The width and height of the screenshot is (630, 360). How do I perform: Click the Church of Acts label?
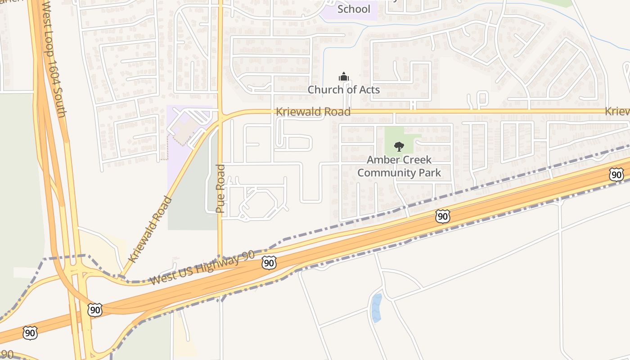click(344, 90)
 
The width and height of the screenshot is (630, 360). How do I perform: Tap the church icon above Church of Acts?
click(344, 76)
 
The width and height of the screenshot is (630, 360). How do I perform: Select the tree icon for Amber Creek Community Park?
click(399, 146)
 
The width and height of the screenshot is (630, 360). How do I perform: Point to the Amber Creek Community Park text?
click(399, 166)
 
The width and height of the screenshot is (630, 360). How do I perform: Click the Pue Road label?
click(220, 189)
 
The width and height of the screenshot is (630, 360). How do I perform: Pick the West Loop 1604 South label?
click(55, 58)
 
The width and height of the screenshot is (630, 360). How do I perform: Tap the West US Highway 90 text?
click(202, 269)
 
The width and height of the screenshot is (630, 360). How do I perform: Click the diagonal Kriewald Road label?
click(150, 229)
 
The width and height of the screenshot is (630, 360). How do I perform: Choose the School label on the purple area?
click(354, 9)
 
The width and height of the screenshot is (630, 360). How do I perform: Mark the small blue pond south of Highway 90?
click(376, 308)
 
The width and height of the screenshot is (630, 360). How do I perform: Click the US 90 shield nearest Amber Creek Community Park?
click(443, 216)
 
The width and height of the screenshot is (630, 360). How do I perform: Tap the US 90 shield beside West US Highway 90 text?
click(269, 263)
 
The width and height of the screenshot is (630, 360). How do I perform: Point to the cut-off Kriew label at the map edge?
click(617, 111)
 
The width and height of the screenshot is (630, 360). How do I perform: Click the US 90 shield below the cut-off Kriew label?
click(616, 175)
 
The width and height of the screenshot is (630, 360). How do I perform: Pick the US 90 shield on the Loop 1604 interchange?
click(94, 310)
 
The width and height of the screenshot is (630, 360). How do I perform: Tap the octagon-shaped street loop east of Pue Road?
click(254, 202)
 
